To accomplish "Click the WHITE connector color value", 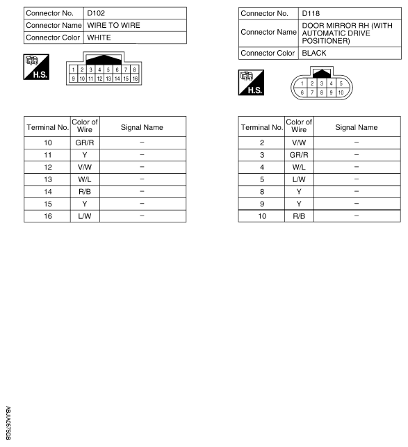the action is pyautogui.click(x=99, y=37).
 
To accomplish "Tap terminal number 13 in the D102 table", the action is pyautogui.click(x=47, y=178).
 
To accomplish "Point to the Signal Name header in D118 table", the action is pyautogui.click(x=357, y=127).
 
